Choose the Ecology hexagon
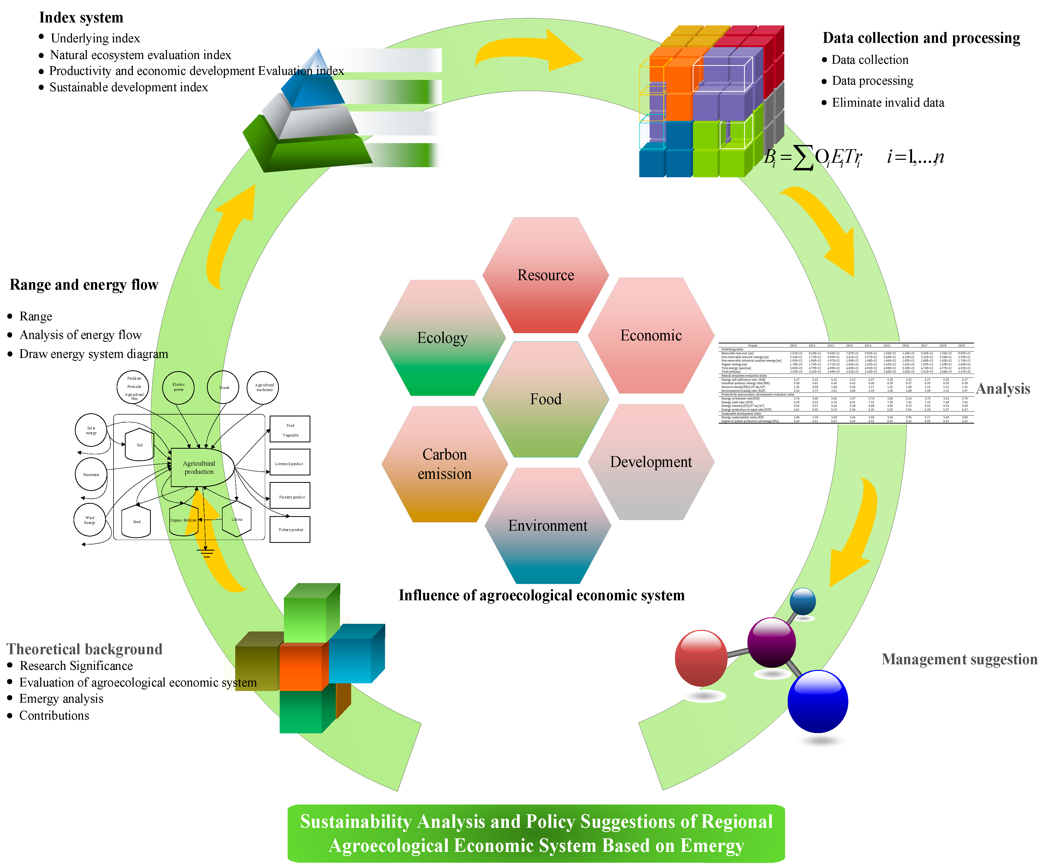pyautogui.click(x=442, y=338)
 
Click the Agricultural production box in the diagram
pyautogui.click(x=199, y=467)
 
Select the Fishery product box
pyautogui.click(x=290, y=530)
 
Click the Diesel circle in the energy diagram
pyautogui.click(x=224, y=387)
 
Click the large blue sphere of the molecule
pyautogui.click(x=817, y=701)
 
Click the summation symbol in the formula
pyautogui.click(x=803, y=157)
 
